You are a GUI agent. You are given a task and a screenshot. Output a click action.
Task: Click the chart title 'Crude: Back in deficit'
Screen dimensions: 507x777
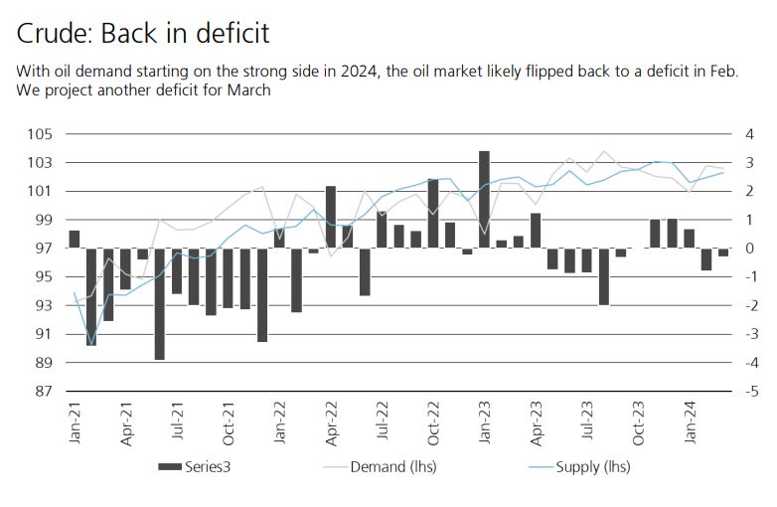click(x=143, y=33)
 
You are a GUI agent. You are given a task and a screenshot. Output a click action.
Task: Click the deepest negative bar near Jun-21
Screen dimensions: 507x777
click(x=159, y=303)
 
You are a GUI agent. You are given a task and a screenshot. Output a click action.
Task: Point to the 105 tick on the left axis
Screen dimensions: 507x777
click(x=45, y=134)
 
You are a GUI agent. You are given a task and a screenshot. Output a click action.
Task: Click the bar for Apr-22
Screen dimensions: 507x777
click(x=330, y=217)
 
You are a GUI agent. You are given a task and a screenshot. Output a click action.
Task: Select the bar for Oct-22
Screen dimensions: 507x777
click(x=433, y=213)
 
